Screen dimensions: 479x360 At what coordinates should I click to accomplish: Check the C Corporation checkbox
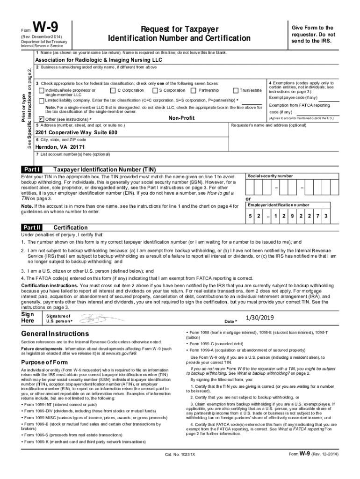click(113, 90)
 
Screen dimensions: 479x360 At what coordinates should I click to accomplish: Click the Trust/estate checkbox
click(235, 90)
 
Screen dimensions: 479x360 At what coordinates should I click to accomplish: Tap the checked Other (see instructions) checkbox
click(42, 119)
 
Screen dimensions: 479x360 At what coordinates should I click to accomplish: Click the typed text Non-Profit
click(181, 118)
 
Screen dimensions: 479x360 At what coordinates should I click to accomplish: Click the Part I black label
click(32, 169)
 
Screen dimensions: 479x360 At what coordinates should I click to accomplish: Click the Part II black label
click(33, 227)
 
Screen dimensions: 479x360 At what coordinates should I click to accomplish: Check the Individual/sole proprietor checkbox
click(42, 90)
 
